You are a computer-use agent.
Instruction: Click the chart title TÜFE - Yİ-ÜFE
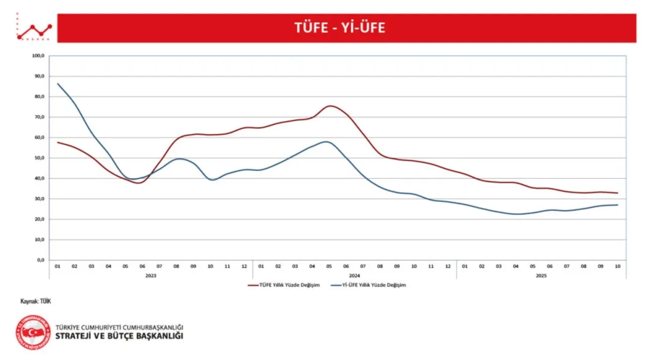click(340, 28)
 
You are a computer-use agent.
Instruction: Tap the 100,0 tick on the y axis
click(38, 56)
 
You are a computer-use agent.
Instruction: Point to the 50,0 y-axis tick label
click(39, 158)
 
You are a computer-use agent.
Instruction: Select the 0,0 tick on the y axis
click(40, 260)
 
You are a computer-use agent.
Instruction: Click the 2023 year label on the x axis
click(150, 276)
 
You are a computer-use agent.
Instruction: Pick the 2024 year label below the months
click(354, 276)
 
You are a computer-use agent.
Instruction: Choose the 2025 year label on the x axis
click(541, 276)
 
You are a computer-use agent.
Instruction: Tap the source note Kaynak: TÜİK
click(36, 301)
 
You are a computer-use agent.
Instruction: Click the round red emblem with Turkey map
click(33, 332)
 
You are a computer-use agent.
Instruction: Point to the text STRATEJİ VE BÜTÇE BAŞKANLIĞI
click(120, 336)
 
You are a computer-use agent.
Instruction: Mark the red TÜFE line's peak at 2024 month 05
click(329, 106)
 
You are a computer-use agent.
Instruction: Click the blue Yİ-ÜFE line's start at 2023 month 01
click(58, 84)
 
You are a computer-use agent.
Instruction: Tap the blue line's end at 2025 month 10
click(617, 205)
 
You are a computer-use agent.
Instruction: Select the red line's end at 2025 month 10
click(617, 193)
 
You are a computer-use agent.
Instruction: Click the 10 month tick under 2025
click(617, 266)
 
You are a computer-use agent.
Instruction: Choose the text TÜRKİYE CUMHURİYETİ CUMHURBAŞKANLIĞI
click(120, 327)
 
